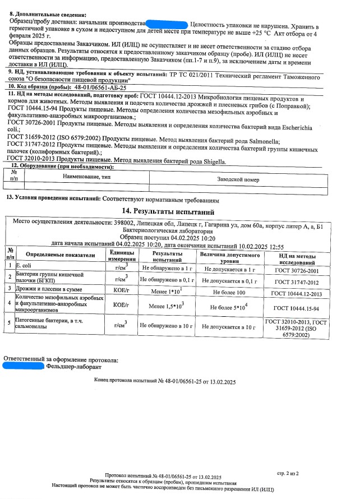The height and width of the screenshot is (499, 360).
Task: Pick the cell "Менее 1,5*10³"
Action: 167,307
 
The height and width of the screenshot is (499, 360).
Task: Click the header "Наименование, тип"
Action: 94,177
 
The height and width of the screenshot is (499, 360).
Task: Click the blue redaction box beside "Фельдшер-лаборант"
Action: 24,366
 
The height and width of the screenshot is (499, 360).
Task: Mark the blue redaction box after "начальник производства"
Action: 167,24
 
